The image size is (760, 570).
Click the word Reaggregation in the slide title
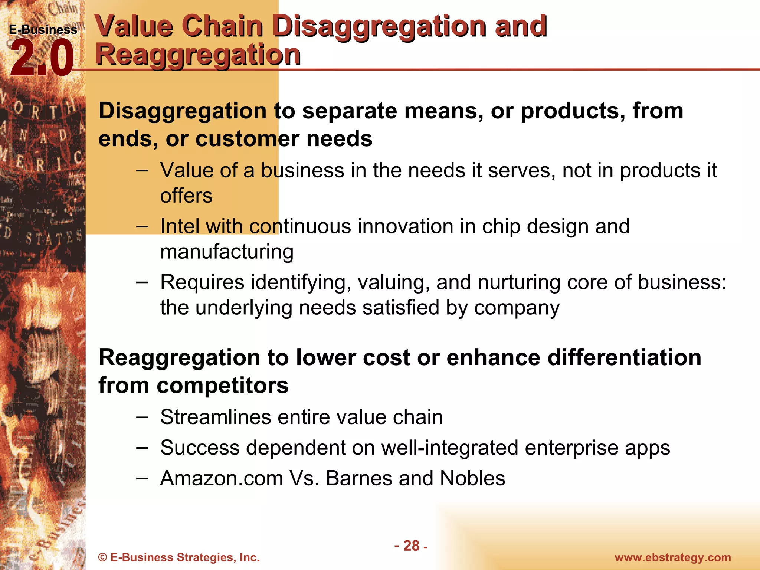198,55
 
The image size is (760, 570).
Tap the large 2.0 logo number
42,58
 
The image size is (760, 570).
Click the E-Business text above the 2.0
43,30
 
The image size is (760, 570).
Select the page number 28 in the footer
411,546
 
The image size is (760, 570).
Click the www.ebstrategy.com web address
673,557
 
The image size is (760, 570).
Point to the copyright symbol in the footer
103,557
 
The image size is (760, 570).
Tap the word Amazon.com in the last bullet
222,478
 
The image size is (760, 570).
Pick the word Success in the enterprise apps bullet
200,447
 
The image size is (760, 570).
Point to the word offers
186,196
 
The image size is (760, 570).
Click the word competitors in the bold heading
222,385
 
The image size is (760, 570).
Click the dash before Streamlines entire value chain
142,417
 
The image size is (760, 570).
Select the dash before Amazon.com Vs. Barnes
142,478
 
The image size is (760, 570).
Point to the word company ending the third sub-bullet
517,308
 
